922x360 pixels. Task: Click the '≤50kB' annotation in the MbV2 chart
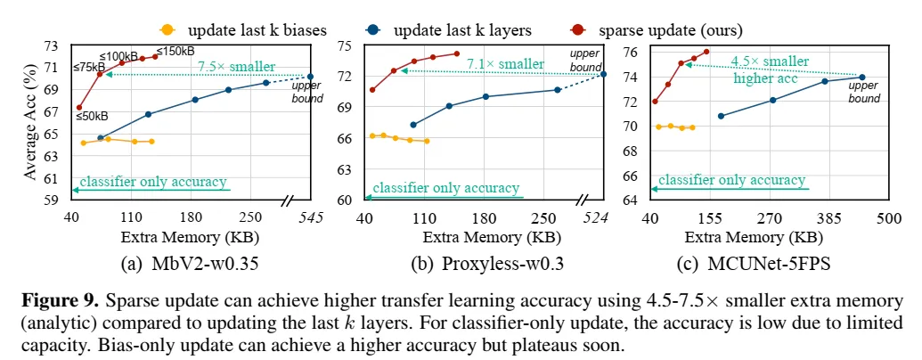(x=93, y=116)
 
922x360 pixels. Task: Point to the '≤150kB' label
(x=175, y=51)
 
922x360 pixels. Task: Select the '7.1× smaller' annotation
(x=509, y=63)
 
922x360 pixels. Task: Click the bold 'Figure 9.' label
(x=53, y=299)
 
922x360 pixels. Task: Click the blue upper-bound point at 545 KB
(x=310, y=77)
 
